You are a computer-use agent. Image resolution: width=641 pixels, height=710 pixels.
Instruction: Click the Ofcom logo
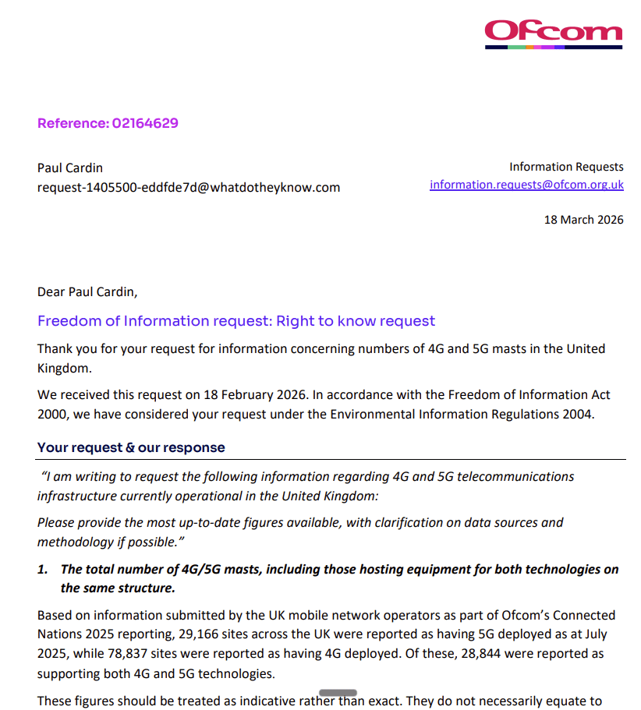[x=553, y=33]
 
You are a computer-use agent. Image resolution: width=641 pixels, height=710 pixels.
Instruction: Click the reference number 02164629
[x=145, y=123]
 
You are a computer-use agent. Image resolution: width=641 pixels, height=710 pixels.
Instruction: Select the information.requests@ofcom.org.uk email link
[x=526, y=185]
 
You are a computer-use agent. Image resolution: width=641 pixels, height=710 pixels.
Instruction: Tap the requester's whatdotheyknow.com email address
[x=189, y=187]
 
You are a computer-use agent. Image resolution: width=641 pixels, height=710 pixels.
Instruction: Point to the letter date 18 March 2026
[x=583, y=220]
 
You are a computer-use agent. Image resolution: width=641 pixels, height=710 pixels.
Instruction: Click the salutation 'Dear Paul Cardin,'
[x=87, y=292]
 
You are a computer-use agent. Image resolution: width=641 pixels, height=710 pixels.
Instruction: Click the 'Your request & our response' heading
[x=131, y=447]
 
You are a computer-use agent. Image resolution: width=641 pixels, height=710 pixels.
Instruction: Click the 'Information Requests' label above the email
[x=566, y=167]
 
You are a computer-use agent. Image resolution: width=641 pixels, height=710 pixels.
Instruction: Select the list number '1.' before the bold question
[x=44, y=570]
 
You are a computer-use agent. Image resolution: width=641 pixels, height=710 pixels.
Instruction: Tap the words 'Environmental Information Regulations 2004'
[x=462, y=415]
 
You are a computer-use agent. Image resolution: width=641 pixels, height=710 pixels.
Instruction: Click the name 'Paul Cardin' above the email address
[x=70, y=168]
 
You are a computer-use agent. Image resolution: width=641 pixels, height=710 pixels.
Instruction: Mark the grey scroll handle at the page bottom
[x=338, y=692]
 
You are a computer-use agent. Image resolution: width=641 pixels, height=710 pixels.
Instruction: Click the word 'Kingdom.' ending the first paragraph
[x=62, y=368]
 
